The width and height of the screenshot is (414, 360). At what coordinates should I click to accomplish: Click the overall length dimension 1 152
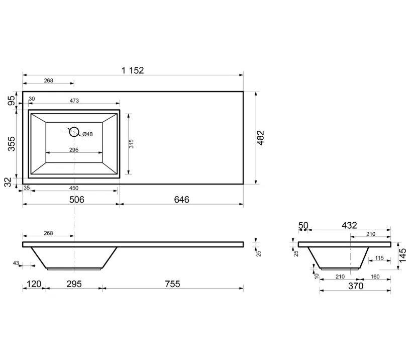click(x=133, y=70)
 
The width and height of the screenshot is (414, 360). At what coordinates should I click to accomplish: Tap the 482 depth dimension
click(x=261, y=138)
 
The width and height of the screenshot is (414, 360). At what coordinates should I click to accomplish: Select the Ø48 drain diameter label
click(x=87, y=134)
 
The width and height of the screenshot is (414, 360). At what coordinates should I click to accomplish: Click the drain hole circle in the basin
click(x=74, y=132)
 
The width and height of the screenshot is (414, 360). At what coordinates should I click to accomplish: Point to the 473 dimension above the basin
click(x=74, y=101)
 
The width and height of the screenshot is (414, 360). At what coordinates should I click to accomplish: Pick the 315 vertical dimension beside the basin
click(x=131, y=144)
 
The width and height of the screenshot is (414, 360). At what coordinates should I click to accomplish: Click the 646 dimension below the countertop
click(x=182, y=200)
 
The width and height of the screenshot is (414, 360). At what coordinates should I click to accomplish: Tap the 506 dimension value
click(x=76, y=200)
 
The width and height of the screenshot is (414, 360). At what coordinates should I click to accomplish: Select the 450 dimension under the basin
click(x=74, y=188)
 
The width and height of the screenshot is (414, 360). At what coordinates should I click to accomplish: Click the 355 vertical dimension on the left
click(x=12, y=143)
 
